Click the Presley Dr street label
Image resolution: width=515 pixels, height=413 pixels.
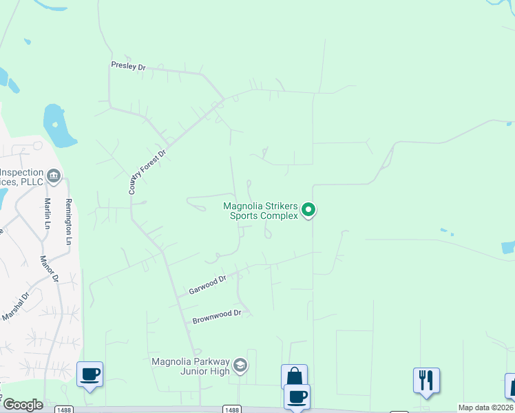point(129,66)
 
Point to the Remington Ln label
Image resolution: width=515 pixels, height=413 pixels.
point(68,222)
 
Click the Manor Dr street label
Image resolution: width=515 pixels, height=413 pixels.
point(50,268)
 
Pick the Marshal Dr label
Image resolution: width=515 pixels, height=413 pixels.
point(16,306)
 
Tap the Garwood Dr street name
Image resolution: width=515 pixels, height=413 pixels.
point(208,285)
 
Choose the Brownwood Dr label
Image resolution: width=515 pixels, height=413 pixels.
point(217,317)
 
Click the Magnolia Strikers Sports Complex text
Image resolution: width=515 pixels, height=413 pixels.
point(261,210)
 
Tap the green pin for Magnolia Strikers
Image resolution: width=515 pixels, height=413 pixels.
point(309,209)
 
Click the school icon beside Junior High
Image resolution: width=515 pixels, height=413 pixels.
point(240,365)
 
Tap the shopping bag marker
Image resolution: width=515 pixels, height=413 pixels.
point(294,377)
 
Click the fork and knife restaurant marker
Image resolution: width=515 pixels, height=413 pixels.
point(426,380)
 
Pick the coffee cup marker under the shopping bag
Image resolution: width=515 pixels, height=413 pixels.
point(297,396)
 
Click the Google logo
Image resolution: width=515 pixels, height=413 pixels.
point(23,405)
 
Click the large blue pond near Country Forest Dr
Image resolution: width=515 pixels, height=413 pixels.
point(58,125)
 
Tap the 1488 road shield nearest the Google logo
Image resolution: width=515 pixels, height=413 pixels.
point(62,410)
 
